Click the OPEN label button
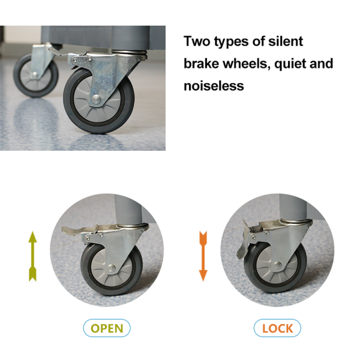(107, 328)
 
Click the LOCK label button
(277, 328)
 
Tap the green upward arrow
(33, 256)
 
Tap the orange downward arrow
(203, 256)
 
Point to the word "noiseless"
(214, 86)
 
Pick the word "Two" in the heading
(197, 41)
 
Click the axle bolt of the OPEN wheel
(111, 268)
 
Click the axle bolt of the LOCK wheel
(277, 265)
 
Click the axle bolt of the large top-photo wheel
(96, 99)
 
